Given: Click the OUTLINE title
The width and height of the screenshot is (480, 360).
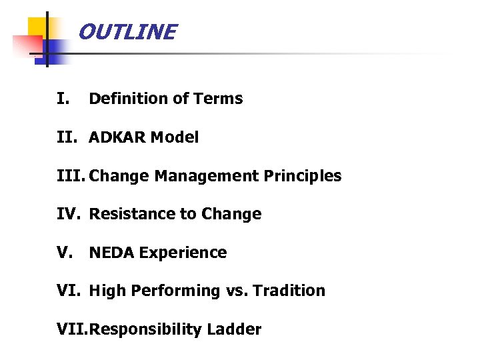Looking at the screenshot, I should coord(127,32).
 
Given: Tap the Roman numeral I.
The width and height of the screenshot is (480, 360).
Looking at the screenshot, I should coord(63,99).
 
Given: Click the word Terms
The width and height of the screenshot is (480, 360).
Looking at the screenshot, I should coord(218,99).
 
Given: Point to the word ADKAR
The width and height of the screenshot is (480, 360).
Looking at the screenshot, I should coord(117,137).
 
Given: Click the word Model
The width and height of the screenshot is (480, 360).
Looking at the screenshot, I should coord(175,137).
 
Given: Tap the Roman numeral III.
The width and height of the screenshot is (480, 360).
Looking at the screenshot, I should coord(71,176).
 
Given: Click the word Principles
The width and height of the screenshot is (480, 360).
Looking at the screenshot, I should coord(303,176).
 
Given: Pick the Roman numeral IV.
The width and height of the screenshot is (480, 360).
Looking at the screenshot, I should coord(68,214).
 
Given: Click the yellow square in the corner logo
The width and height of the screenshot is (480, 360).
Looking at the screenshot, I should coord(37,28).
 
